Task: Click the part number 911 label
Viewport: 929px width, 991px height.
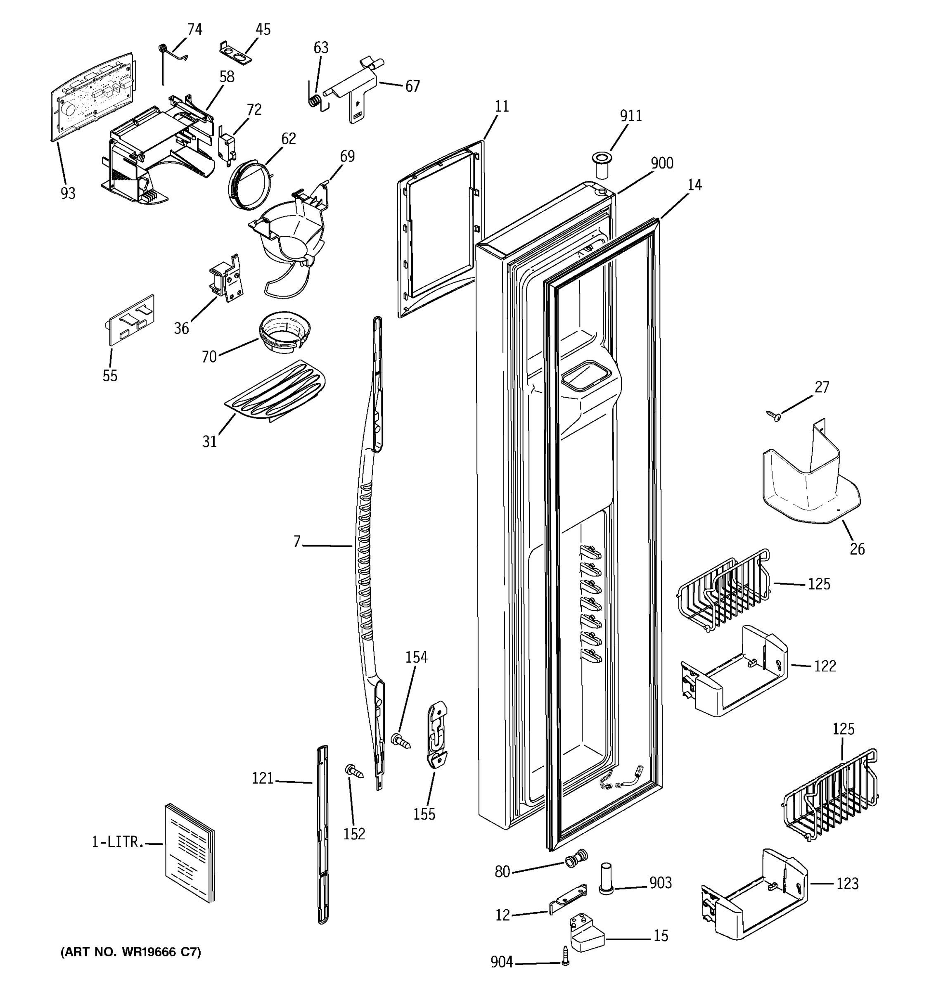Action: point(630,116)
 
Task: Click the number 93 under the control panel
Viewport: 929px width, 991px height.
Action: point(68,193)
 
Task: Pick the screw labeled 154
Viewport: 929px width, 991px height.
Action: point(402,740)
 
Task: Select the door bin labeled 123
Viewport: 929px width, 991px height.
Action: point(754,897)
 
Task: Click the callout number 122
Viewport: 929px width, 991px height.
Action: point(825,666)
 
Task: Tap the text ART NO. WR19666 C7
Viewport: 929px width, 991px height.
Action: point(130,952)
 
